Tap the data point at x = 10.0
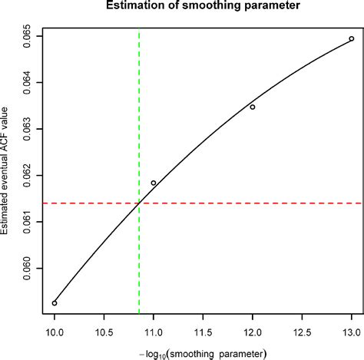pos(55,303)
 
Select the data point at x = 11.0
pos(154,183)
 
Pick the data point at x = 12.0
pos(253,107)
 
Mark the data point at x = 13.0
pos(352,38)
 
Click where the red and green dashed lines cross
pos(139,203)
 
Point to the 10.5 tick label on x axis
pos(104,333)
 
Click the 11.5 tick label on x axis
pos(203,333)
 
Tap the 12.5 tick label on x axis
pos(302,333)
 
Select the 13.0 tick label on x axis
pos(351,333)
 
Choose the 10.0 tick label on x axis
pos(55,333)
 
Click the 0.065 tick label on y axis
pos(27,36)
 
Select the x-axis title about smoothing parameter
pos(202,353)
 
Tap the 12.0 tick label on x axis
pos(253,333)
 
